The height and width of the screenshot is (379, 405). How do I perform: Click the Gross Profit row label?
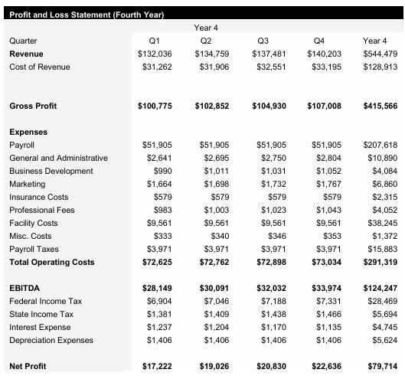point(32,105)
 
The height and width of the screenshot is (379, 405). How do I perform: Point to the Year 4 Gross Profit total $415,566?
point(380,105)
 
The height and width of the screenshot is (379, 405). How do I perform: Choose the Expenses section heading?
point(28,132)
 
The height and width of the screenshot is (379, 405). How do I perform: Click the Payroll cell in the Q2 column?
point(214,145)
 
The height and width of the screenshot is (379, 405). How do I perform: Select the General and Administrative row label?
point(58,158)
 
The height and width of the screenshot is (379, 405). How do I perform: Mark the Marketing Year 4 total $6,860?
point(384,184)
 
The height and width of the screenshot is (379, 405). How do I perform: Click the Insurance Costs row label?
point(38,197)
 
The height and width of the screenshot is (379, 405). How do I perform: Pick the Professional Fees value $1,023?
point(272,210)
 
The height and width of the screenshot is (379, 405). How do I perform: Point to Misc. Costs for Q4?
point(332,236)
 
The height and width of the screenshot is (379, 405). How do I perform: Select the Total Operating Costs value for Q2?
point(212,262)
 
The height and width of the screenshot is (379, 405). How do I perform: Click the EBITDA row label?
point(24,288)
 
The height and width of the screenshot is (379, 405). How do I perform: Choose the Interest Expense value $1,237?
point(157,328)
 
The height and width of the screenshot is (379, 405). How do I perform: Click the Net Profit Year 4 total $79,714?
point(381,367)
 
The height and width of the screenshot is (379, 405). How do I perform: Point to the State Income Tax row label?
point(41,315)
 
